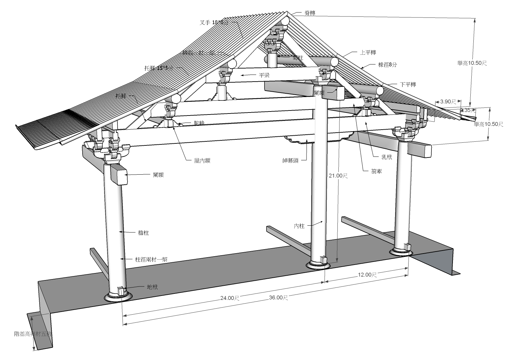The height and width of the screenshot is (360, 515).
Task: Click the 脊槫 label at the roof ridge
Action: pyautogui.click(x=310, y=13)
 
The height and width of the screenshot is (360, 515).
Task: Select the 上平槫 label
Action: pyautogui.click(x=368, y=52)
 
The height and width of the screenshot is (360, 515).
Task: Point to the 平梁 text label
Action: pyautogui.click(x=264, y=75)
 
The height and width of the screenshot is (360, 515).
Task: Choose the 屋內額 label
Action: pyautogui.click(x=202, y=161)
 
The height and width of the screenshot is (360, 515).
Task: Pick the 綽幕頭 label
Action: pyautogui.click(x=290, y=161)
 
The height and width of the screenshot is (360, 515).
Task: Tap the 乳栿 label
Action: pyautogui.click(x=387, y=157)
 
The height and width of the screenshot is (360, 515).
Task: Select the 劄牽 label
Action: pyautogui.click(x=376, y=171)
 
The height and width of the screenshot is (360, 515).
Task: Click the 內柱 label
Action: pyautogui.click(x=299, y=226)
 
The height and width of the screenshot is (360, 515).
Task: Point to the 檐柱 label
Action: pyautogui.click(x=143, y=232)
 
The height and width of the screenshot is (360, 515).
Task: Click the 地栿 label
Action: pyautogui.click(x=152, y=287)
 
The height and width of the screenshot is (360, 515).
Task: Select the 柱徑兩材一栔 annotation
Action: pyautogui.click(x=151, y=259)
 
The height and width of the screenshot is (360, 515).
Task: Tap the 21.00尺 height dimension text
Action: pyautogui.click(x=338, y=175)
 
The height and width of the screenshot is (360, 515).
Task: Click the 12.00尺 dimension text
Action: pyautogui.click(x=367, y=274)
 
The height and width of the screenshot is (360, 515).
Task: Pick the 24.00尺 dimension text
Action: pyautogui.click(x=229, y=298)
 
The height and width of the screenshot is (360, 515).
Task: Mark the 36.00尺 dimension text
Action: pyautogui.click(x=278, y=298)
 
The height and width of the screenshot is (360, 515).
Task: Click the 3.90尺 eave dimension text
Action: pyautogui.click(x=448, y=101)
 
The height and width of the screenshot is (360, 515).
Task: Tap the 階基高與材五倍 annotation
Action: pyautogui.click(x=33, y=334)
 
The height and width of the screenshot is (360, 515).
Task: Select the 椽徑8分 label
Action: pyautogui.click(x=387, y=65)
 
